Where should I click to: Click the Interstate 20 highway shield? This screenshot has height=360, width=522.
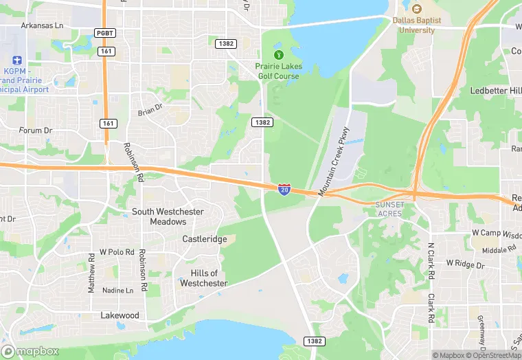(284, 189)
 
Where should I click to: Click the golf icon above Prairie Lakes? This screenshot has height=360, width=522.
(278, 55)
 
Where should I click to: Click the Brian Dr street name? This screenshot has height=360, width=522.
(150, 109)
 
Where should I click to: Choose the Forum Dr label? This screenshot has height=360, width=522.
(36, 130)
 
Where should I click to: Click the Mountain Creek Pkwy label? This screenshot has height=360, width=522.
(334, 160)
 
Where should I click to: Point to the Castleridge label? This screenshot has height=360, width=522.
(204, 238)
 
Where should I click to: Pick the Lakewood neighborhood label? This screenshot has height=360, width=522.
(120, 315)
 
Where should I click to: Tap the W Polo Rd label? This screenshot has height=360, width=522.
(117, 252)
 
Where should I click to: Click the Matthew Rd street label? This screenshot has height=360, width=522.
(91, 273)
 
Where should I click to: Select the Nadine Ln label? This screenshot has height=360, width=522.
(117, 291)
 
